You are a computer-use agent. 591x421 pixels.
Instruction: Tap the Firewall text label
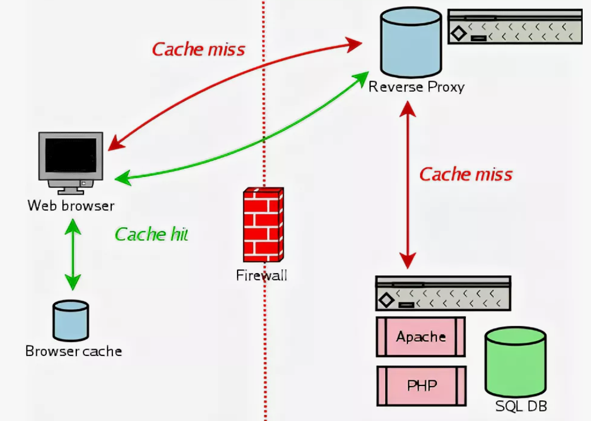tap(262, 275)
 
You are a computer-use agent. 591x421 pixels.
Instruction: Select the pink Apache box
tap(421, 336)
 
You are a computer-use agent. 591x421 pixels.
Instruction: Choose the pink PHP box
tap(421, 385)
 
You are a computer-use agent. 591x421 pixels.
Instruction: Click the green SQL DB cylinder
tap(515, 361)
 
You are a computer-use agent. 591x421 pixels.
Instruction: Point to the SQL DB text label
tap(521, 406)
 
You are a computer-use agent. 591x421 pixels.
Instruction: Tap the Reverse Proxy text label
tap(416, 87)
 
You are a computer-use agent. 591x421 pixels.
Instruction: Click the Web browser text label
tap(71, 206)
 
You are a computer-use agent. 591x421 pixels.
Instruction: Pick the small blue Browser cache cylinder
tap(71, 320)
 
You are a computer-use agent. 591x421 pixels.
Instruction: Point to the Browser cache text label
tap(73, 351)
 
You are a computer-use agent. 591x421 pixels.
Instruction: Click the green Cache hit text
tap(151, 234)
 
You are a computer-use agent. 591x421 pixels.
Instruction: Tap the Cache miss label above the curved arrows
tap(199, 49)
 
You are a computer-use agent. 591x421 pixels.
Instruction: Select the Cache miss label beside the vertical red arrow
tap(466, 174)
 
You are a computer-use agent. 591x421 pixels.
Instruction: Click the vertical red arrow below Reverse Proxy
tap(408, 184)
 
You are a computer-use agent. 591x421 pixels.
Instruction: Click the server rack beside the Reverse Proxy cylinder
tap(515, 26)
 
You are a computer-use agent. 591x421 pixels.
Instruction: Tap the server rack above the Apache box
tap(443, 293)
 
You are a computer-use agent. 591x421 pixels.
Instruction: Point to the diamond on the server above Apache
tap(386, 301)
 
